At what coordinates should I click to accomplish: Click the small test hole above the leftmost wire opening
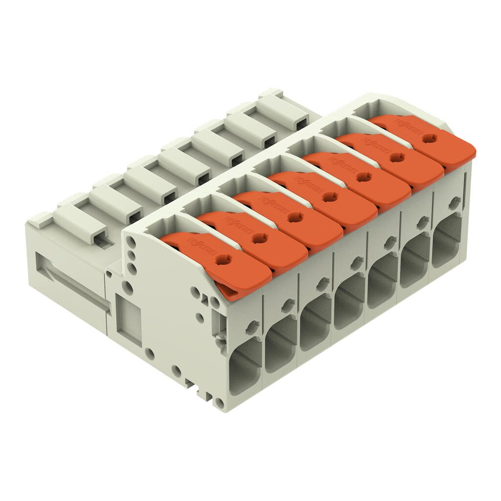tap(253, 324)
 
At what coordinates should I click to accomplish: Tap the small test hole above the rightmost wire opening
tap(455, 201)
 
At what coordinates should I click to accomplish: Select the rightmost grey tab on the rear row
tap(284, 108)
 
